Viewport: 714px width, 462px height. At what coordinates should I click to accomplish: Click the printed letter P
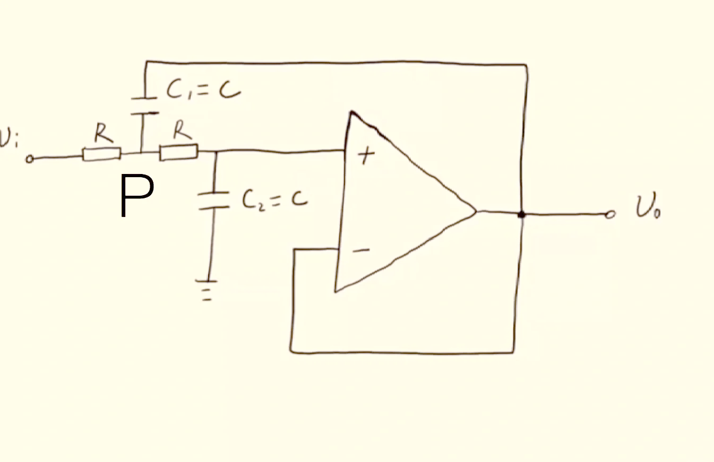tap(137, 196)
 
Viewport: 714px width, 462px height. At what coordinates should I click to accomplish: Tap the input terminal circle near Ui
tap(30, 159)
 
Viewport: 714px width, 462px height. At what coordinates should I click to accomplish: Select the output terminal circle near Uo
tap(610, 215)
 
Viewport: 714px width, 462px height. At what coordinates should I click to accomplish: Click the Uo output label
tap(648, 207)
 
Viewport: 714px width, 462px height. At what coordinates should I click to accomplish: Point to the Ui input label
tap(8, 138)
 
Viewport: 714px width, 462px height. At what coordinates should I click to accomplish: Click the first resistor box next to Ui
tap(102, 154)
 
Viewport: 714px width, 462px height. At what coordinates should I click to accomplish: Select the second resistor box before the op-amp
tap(179, 152)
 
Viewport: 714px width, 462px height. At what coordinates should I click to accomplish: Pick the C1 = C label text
tap(203, 89)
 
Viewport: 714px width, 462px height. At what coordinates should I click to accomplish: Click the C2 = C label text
tap(275, 201)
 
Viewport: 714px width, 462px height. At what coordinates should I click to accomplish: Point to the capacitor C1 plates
tap(144, 106)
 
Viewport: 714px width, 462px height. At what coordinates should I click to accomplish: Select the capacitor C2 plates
tap(213, 201)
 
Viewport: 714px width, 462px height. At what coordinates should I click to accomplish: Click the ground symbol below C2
tap(207, 290)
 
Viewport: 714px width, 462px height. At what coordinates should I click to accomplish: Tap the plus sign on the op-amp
tap(366, 155)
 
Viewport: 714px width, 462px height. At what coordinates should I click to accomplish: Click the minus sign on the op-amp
tap(361, 250)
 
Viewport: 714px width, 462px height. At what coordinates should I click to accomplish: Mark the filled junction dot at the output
tap(521, 215)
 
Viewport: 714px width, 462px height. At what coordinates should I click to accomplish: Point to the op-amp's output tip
tap(476, 211)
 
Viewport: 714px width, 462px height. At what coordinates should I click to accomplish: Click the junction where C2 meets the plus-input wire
tap(217, 152)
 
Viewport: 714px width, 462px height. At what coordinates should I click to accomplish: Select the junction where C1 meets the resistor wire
tap(141, 153)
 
